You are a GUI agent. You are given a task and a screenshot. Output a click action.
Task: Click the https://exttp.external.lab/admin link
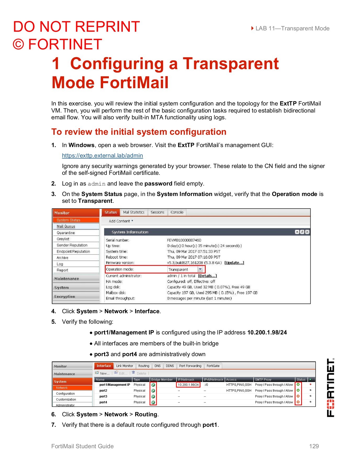coord(102,156)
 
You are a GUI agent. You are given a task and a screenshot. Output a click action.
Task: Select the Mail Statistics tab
coord(134,212)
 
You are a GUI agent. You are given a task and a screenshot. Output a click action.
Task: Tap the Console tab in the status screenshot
coord(177,212)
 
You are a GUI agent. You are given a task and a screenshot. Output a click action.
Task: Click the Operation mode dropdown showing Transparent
coord(186,269)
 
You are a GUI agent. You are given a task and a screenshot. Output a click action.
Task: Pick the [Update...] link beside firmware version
coord(234,263)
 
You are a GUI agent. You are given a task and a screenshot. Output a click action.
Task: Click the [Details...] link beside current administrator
coord(207,276)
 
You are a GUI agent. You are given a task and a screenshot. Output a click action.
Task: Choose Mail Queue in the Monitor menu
coord(66,226)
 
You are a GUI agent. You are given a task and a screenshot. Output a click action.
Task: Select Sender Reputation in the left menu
coord(72,245)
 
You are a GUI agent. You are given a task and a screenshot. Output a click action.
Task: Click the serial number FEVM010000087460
coord(184,240)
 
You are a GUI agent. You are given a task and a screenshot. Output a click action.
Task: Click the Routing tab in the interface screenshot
coord(144,366)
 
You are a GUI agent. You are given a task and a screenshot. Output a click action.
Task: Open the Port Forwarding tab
coord(190,366)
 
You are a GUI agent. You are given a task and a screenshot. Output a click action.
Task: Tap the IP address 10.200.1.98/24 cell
coord(188,385)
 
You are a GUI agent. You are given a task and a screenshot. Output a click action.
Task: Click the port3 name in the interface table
coord(103,396)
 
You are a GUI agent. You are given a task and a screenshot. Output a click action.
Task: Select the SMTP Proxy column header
coord(263,380)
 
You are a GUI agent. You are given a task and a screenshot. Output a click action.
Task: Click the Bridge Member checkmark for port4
coord(153,402)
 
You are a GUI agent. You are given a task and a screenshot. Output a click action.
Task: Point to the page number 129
coord(314,446)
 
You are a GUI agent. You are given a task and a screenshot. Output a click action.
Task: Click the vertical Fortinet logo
coord(331,387)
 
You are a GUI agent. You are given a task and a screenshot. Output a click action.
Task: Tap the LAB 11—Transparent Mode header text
coord(292,29)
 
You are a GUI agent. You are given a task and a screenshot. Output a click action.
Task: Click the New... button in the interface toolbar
coord(103,373)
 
